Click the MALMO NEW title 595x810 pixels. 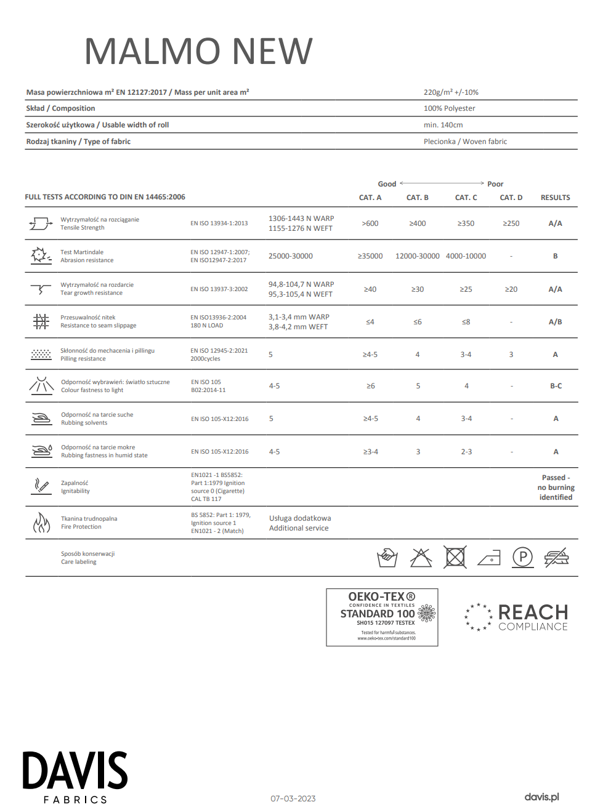coord(198,51)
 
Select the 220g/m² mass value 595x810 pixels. coord(450,92)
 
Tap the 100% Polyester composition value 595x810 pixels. coord(449,108)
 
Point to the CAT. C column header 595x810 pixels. coord(466,198)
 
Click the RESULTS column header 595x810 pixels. coord(555,198)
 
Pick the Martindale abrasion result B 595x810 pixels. coord(555,256)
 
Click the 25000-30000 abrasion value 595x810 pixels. coord(290,256)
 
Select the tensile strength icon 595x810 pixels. coord(41,223)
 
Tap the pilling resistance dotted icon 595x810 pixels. coord(41,355)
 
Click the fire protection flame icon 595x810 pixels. coord(41,523)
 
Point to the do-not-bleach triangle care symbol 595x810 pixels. coord(421,558)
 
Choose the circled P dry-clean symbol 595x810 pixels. coord(522,558)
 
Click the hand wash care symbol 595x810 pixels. coord(387,558)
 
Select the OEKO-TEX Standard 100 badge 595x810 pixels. coord(382,617)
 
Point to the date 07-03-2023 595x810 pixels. coord(293,798)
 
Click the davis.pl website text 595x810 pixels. coord(541,797)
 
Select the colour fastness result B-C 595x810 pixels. coord(556,386)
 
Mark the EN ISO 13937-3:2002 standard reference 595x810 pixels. coord(219,289)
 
